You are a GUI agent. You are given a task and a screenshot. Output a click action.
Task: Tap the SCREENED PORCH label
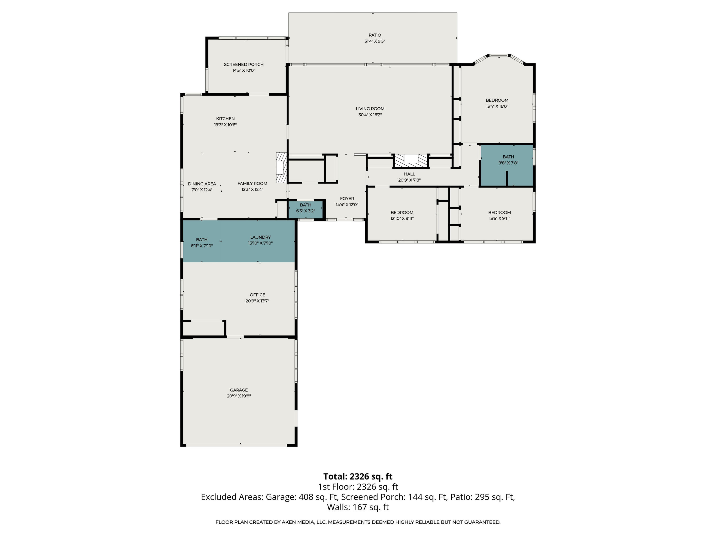pyautogui.click(x=244, y=64)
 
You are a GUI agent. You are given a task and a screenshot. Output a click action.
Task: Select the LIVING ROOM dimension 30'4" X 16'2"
pyautogui.click(x=370, y=115)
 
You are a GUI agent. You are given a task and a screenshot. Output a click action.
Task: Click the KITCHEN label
pyautogui.click(x=225, y=119)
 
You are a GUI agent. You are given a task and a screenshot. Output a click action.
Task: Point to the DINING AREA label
pyautogui.click(x=202, y=184)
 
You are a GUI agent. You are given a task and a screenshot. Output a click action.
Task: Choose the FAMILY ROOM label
pyautogui.click(x=252, y=184)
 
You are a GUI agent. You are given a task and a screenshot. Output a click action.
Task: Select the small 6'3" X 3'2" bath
pyautogui.click(x=305, y=208)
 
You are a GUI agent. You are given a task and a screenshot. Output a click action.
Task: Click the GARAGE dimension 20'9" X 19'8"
pyautogui.click(x=239, y=396)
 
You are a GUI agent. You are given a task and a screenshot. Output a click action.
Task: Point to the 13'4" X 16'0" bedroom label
pyautogui.click(x=497, y=100)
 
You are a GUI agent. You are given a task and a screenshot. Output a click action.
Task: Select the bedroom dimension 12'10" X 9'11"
pyautogui.click(x=402, y=218)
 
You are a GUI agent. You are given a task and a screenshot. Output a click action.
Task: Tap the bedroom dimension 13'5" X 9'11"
pyautogui.click(x=500, y=218)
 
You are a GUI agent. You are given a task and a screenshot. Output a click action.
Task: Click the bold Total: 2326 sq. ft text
pyautogui.click(x=358, y=476)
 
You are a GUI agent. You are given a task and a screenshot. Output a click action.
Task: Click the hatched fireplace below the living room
pyautogui.click(x=411, y=160)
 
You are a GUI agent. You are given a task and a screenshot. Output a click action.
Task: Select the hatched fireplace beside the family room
pyautogui.click(x=281, y=168)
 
